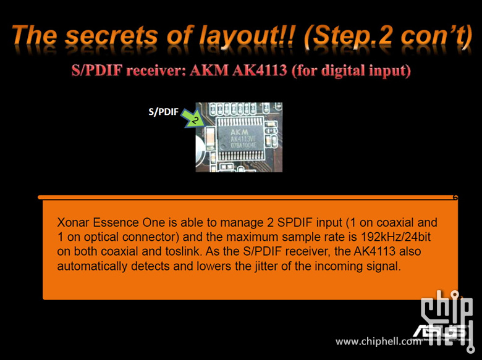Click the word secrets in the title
coord(111,36)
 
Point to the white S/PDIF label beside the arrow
coord(163,112)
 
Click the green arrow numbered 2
coord(193,119)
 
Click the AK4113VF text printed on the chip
coord(243,139)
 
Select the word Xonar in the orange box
coord(73,222)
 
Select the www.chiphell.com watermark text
coord(378,341)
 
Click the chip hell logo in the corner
coord(446,320)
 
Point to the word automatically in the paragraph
coord(92,266)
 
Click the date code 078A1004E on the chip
coord(243,145)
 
